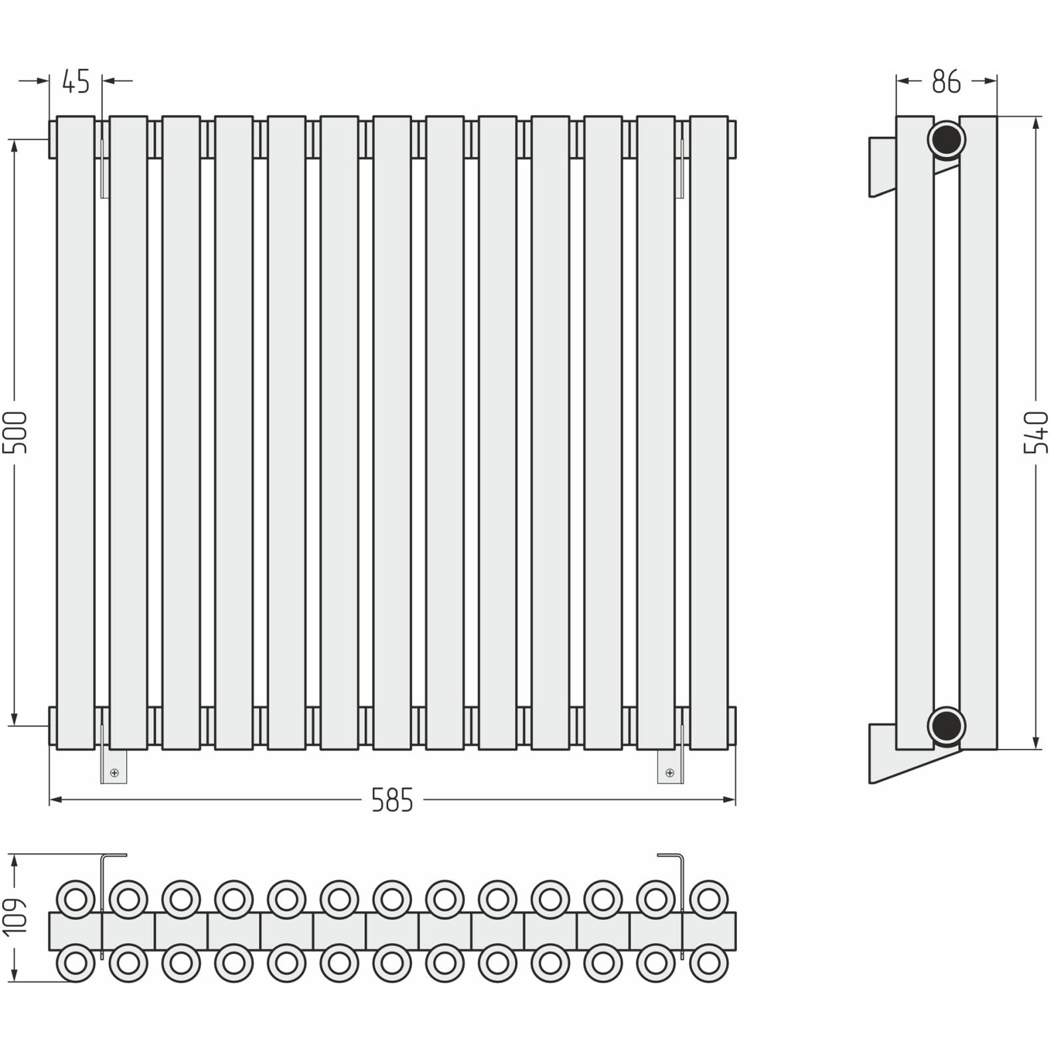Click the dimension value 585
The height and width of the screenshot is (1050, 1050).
(x=392, y=801)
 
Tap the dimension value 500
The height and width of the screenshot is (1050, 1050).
(x=15, y=432)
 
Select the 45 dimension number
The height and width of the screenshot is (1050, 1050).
(x=75, y=81)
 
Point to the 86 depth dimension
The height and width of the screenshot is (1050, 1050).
(x=946, y=81)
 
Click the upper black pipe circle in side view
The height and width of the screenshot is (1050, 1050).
(x=947, y=139)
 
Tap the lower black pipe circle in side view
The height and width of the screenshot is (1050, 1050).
(x=947, y=725)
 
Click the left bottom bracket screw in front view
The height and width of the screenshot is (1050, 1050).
(x=114, y=772)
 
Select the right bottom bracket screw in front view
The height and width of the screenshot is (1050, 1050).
(x=669, y=772)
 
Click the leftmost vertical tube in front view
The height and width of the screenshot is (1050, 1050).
(x=75, y=433)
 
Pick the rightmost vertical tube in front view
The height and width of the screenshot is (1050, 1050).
(x=709, y=433)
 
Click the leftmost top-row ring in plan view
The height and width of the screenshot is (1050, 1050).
(x=75, y=900)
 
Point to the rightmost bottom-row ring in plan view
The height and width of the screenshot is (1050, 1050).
(x=709, y=963)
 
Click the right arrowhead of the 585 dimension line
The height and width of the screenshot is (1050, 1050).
(x=729, y=801)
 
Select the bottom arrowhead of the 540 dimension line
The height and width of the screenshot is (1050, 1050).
(x=1035, y=742)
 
